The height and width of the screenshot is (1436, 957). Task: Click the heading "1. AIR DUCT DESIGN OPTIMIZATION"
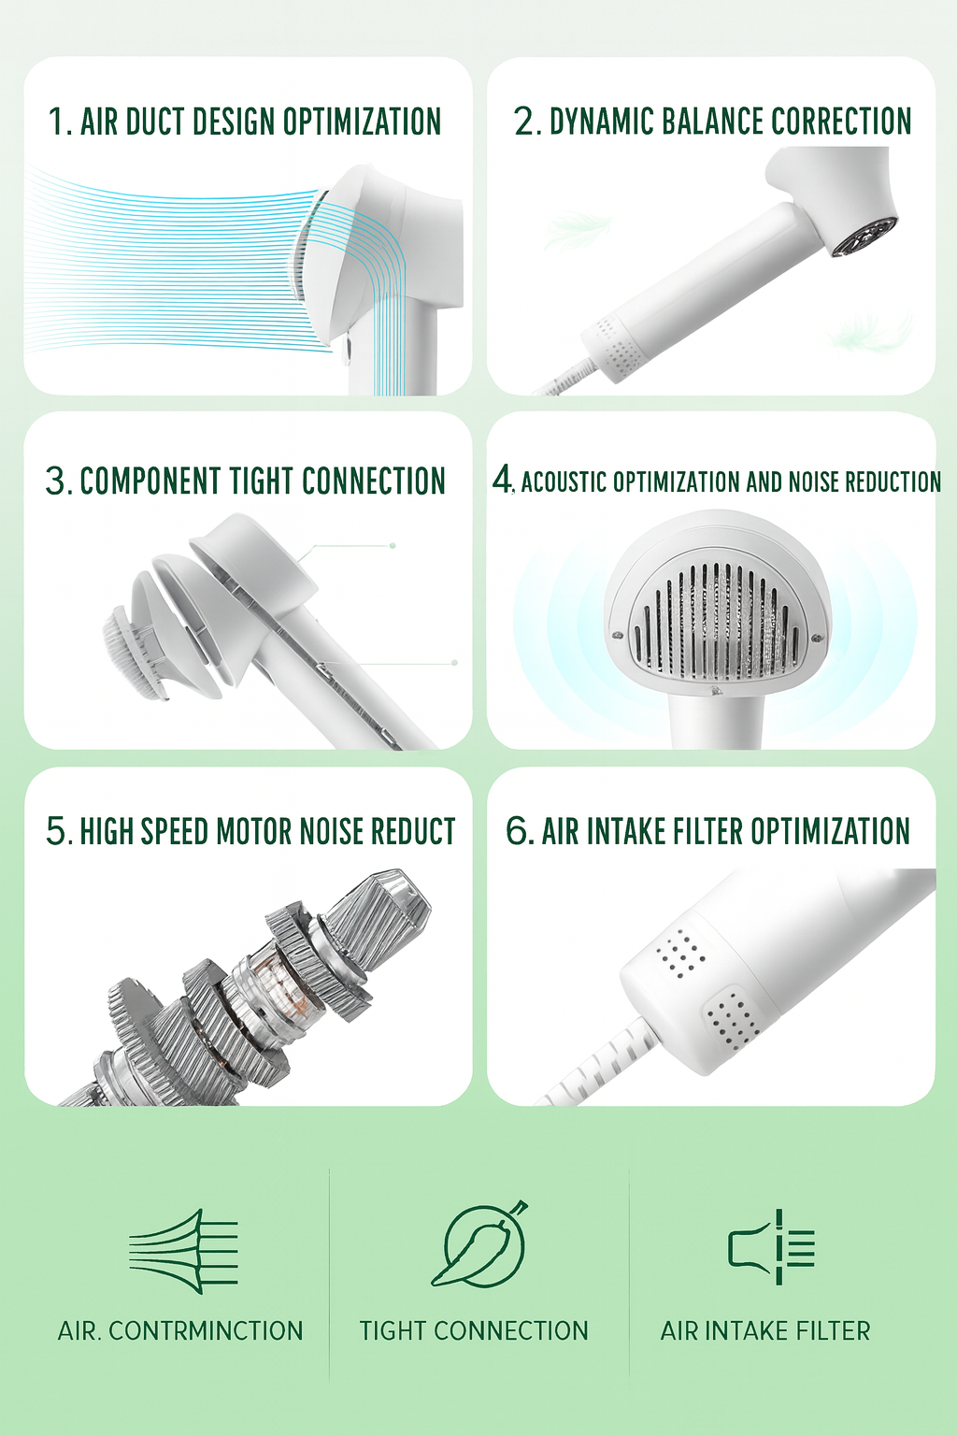click(245, 122)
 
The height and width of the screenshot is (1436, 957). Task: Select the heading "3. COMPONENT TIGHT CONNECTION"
click(245, 481)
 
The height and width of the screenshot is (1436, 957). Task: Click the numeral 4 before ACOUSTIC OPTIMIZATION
click(503, 479)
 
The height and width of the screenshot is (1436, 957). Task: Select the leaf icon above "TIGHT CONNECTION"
click(480, 1244)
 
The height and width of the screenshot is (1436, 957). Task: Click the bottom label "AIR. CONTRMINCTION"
click(180, 1330)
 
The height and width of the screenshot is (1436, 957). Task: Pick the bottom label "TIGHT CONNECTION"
click(474, 1330)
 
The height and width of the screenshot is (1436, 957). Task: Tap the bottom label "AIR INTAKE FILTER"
click(765, 1330)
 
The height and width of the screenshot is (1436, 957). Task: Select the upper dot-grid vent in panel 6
click(681, 953)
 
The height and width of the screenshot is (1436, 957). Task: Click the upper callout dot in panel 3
click(393, 545)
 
